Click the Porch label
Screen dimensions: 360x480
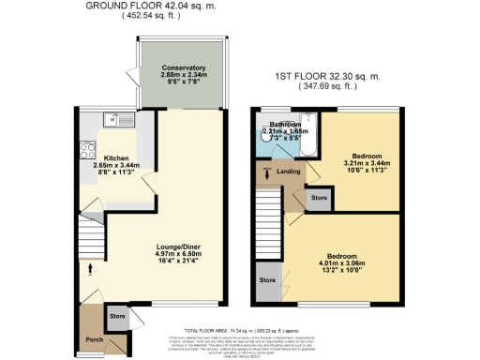93,339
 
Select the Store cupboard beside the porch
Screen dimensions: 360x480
118,316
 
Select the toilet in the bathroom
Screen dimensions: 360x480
264,135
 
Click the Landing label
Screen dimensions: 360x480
289,170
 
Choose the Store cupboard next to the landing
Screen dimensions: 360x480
319,197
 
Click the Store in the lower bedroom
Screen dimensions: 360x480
268,280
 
